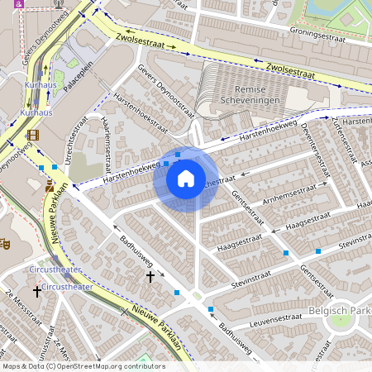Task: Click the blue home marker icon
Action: [x=186, y=178]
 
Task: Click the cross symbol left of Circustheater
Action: [x=37, y=291]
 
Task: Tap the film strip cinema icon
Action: [x=32, y=134]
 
